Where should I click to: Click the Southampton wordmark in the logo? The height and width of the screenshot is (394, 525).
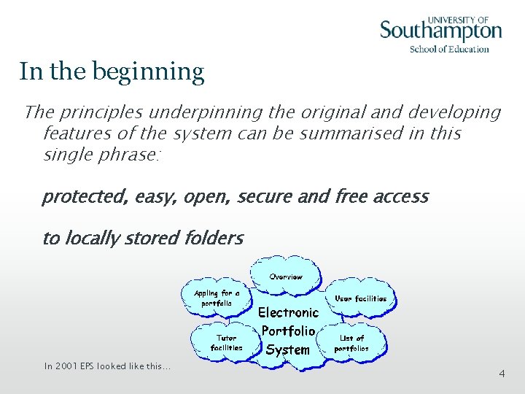pos(440,31)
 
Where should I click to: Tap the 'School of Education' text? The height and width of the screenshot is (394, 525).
pos(448,49)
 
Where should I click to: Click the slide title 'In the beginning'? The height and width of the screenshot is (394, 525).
pos(112,72)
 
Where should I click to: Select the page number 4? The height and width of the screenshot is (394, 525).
pos(502,374)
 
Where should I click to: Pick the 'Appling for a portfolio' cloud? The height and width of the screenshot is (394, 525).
pos(216,298)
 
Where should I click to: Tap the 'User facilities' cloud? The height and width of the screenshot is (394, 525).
pos(360,298)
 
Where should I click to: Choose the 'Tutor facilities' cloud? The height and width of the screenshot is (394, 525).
pos(226,342)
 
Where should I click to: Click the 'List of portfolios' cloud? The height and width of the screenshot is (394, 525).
pos(352,343)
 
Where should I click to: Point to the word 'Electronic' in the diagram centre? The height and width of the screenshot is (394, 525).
pos(289,312)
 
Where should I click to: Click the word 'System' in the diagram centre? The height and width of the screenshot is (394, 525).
pos(287,349)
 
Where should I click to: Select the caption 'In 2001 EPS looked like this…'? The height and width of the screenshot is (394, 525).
pos(107,366)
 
